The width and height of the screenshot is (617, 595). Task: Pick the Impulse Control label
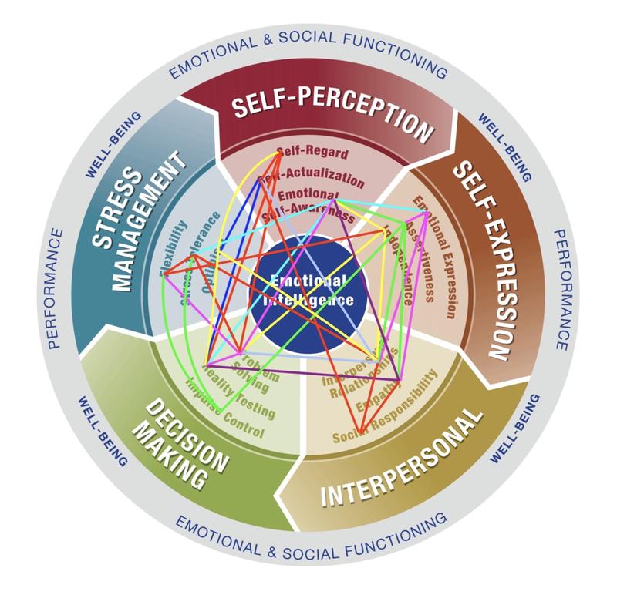pos(224,408)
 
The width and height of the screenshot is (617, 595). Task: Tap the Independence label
pos(400,265)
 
